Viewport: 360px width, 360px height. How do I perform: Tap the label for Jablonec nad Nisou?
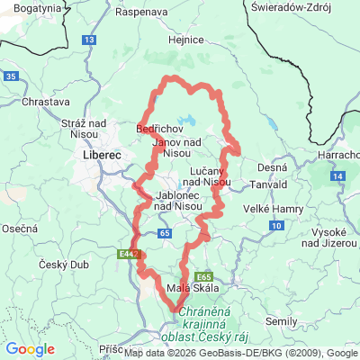coord(157,201)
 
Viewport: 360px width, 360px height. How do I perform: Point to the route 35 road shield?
coord(9,77)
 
